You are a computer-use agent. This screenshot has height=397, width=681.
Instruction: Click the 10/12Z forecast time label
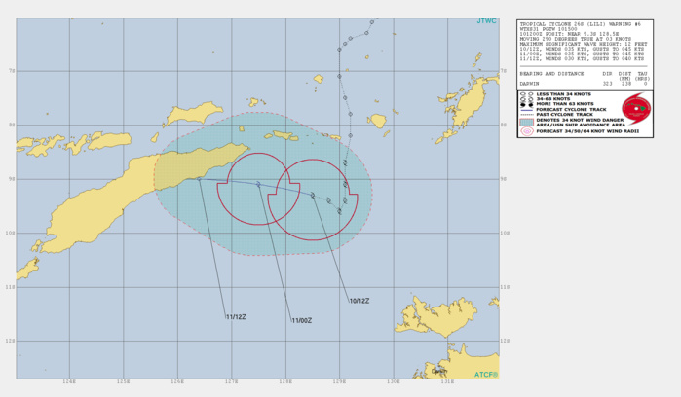point(359,300)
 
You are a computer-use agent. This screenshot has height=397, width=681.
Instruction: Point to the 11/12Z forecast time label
point(235,316)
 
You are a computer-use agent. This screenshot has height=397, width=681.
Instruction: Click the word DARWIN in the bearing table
point(533,85)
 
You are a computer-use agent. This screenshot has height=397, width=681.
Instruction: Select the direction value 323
point(609,85)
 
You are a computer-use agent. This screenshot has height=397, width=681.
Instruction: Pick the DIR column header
point(609,73)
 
